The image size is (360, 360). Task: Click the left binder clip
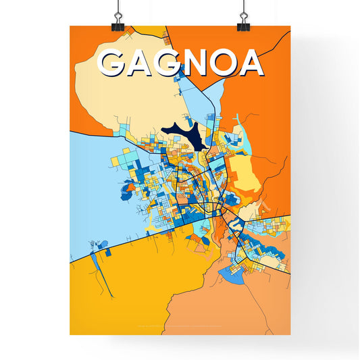[118, 20]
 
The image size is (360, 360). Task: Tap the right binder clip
[242, 20]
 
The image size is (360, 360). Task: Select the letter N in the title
[192, 63]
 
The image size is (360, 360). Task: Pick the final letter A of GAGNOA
[249, 63]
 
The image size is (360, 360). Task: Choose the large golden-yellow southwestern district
[122, 297]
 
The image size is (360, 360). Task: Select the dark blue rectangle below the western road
[106, 252]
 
